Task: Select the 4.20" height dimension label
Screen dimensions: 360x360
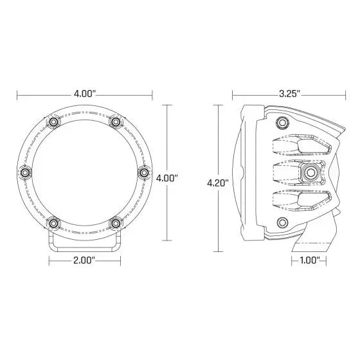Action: (x=218, y=183)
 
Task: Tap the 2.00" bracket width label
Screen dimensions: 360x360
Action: (x=84, y=260)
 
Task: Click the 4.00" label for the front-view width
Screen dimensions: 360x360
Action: (x=85, y=94)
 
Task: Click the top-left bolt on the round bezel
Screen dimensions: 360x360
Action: (x=54, y=122)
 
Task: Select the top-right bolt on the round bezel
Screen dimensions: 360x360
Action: (x=116, y=122)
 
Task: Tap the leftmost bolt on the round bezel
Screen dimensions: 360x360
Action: (x=25, y=173)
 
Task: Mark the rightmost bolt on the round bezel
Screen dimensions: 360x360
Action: (x=143, y=173)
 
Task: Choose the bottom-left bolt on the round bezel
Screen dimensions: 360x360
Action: (x=54, y=223)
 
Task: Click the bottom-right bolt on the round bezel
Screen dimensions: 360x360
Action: (x=116, y=223)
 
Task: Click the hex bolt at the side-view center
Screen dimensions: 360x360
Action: (x=311, y=172)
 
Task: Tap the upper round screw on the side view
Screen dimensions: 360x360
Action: (x=282, y=122)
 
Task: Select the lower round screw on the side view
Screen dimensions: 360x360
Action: (x=282, y=222)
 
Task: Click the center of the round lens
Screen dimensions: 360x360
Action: (x=84, y=173)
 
